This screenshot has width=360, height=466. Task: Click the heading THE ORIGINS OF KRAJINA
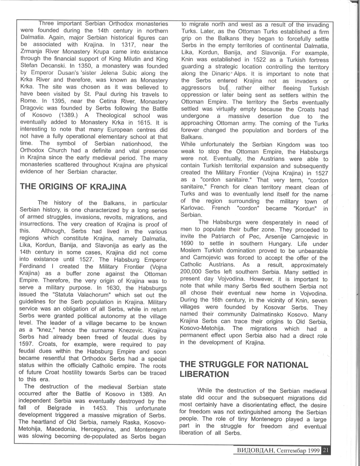click(x=73, y=187)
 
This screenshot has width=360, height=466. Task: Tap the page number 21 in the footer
click(x=326, y=450)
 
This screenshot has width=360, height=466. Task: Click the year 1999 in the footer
click(x=313, y=451)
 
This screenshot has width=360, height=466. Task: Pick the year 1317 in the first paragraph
click(x=126, y=45)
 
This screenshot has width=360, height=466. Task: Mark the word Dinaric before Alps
click(x=221, y=74)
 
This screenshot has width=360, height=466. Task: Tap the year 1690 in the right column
click(x=187, y=244)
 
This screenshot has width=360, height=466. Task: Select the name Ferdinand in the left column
click(x=32, y=267)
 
